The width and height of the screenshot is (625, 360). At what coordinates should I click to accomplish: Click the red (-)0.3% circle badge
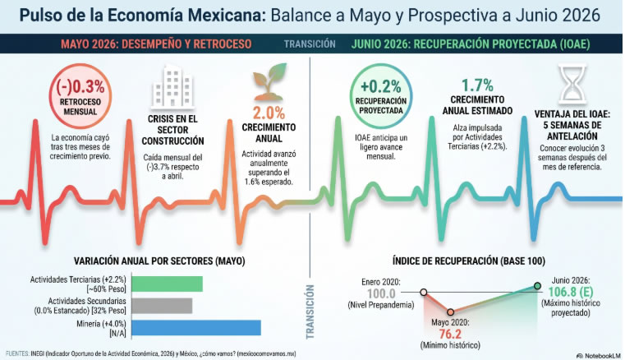point(80,96)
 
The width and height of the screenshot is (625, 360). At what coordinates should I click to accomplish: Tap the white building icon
point(172,86)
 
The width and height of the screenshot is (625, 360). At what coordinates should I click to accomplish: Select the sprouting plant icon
point(269,82)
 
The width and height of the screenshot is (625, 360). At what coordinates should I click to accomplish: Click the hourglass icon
point(572,85)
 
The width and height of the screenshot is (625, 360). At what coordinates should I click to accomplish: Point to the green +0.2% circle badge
point(380,96)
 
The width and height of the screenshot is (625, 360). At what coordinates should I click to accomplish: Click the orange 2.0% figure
point(269,113)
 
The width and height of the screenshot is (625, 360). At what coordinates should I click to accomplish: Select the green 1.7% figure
point(477,85)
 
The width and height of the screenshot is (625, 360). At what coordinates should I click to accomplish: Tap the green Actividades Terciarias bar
point(167,284)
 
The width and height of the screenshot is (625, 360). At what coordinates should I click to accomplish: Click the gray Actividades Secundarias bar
point(162,306)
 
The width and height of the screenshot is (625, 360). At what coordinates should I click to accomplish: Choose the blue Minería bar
point(196,328)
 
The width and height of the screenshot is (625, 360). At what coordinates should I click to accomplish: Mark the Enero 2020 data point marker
point(424,293)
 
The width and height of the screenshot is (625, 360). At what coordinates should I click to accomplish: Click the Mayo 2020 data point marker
point(450,312)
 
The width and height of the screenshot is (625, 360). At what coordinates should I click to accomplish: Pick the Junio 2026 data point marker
point(537,286)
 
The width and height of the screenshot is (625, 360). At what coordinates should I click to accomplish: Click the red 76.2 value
point(450,334)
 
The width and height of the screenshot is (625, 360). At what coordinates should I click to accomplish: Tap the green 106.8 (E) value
point(571,292)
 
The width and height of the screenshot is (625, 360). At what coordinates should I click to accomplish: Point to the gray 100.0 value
point(381,293)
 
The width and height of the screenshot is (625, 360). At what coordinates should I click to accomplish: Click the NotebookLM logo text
point(601,356)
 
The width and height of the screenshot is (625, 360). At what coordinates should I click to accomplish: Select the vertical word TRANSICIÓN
point(310,312)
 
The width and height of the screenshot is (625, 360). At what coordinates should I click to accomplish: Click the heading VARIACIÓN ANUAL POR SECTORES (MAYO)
point(159,261)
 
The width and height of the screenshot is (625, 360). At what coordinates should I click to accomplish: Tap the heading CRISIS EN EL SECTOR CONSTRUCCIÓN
point(172,130)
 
